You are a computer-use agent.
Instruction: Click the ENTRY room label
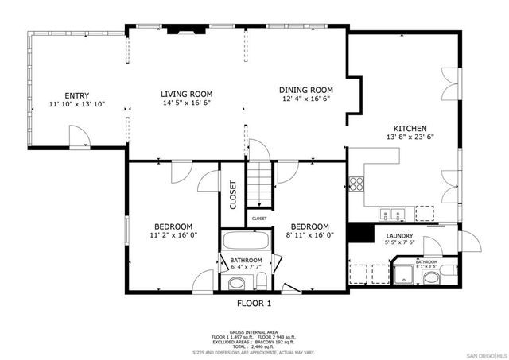tap(77, 95)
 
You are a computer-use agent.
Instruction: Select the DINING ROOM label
tap(305, 89)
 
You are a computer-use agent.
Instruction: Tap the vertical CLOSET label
tap(233, 195)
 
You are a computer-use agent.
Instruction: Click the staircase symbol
tap(259, 184)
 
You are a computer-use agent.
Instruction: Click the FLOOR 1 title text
tap(254, 304)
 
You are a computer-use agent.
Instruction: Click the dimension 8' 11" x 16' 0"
tap(309, 235)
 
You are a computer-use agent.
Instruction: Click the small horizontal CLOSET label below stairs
tap(259, 218)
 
